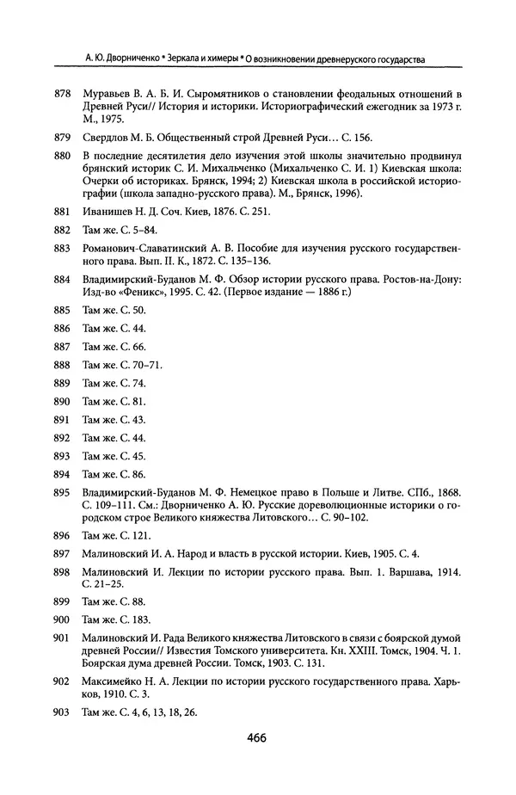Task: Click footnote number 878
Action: point(61,93)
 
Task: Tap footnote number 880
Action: point(61,154)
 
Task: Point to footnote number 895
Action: point(61,492)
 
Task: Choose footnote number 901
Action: point(61,637)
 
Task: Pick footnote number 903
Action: point(61,712)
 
